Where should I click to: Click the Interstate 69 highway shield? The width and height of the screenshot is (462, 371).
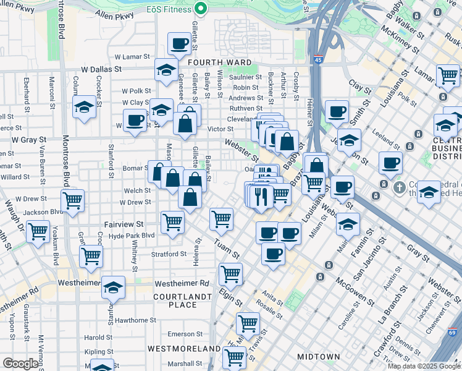(452, 333)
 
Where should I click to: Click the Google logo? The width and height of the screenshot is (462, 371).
(20, 363)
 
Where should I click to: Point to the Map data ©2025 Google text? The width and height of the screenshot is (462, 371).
(423, 366)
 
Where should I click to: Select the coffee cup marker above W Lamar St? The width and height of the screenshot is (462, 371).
(180, 44)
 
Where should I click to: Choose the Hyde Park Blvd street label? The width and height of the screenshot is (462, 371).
(132, 236)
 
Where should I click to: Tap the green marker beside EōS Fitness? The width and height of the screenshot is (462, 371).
(200, 9)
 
